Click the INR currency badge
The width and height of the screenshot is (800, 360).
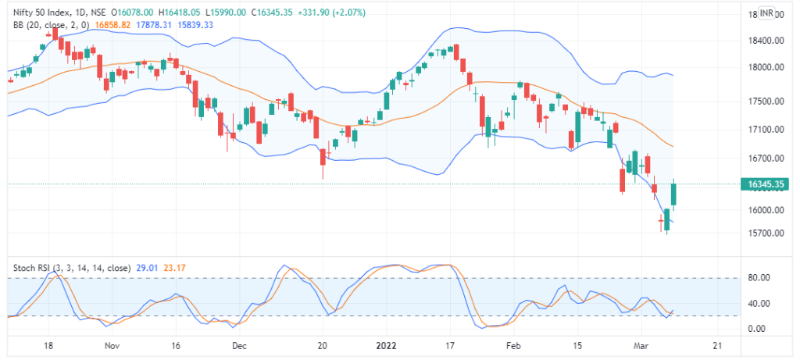pyautogui.click(x=766, y=13)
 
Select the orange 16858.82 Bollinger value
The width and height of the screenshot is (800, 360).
pyautogui.click(x=111, y=25)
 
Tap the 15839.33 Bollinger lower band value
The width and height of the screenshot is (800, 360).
pyautogui.click(x=197, y=25)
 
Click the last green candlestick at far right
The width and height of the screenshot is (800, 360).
pyautogui.click(x=674, y=194)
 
